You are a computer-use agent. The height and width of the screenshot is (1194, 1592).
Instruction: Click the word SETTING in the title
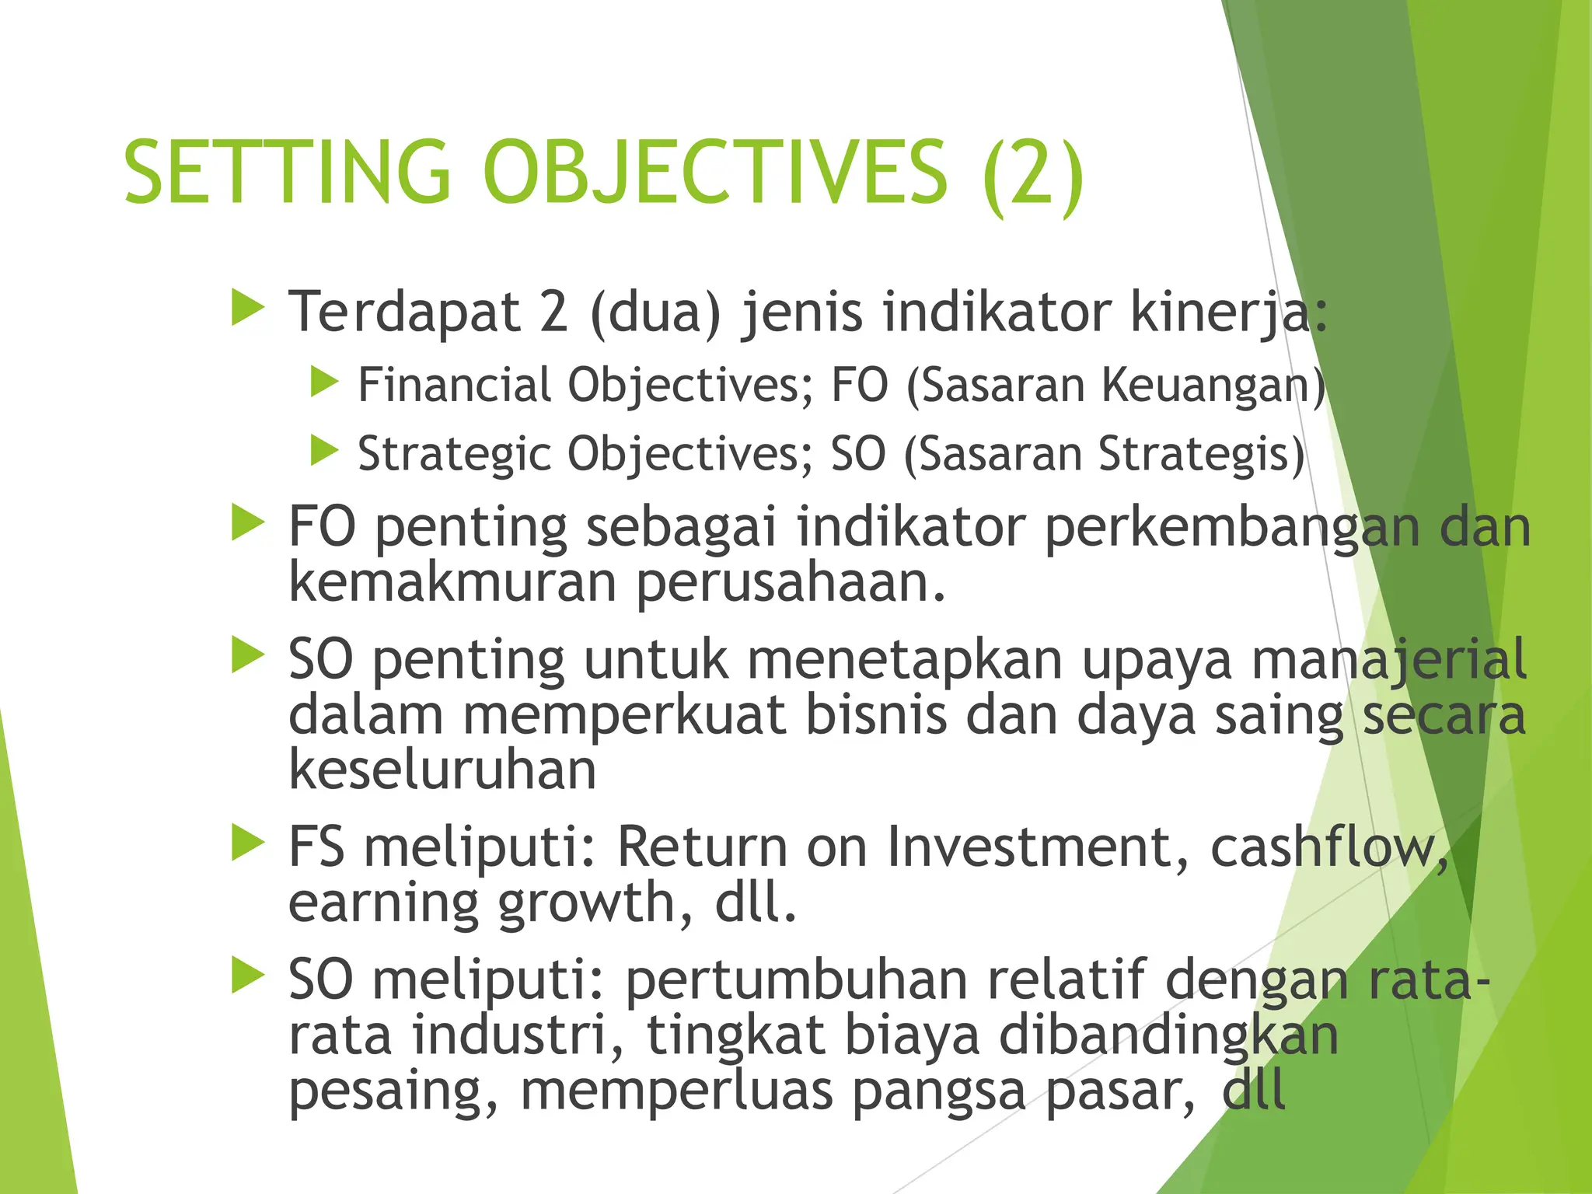[x=287, y=172]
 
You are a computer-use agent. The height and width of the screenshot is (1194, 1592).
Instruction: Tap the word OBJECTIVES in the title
[x=714, y=172]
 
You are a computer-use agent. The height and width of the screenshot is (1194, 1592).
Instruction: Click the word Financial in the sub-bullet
[x=454, y=385]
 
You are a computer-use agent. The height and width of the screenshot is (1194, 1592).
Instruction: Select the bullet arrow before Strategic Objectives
[x=324, y=451]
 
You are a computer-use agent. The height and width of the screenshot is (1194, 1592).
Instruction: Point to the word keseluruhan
[x=442, y=770]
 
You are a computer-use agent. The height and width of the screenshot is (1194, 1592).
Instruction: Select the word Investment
[x=1038, y=847]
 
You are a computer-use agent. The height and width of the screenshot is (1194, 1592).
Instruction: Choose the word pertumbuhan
[x=797, y=980]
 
